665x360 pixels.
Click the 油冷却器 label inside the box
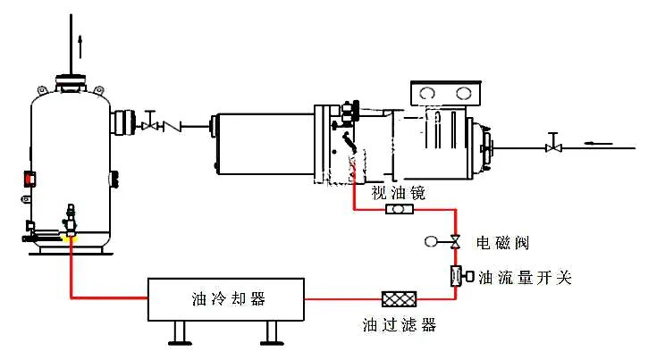228,297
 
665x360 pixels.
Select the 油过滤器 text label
399,325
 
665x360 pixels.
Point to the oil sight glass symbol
399,210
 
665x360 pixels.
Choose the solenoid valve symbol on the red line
455,241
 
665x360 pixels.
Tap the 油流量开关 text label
525,278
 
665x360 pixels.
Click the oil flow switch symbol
458,277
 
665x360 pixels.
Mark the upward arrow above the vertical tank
79,40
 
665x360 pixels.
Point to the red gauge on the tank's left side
29,178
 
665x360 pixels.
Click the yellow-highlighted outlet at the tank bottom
70,237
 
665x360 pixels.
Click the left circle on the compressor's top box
428,94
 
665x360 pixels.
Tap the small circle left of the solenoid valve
432,241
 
